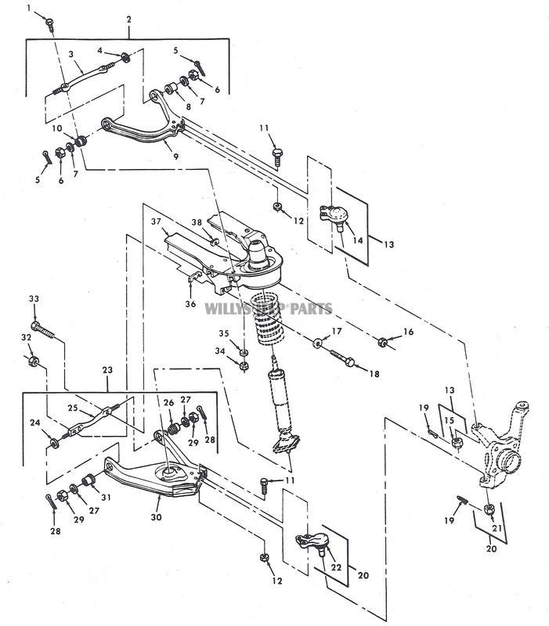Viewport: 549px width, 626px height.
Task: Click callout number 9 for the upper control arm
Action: click(x=176, y=156)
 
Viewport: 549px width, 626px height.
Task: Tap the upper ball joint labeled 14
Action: click(x=338, y=216)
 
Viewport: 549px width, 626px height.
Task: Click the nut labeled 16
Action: click(x=381, y=341)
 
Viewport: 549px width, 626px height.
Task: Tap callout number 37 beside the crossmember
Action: click(x=154, y=221)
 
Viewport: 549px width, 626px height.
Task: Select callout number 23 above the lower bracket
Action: click(x=107, y=369)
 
